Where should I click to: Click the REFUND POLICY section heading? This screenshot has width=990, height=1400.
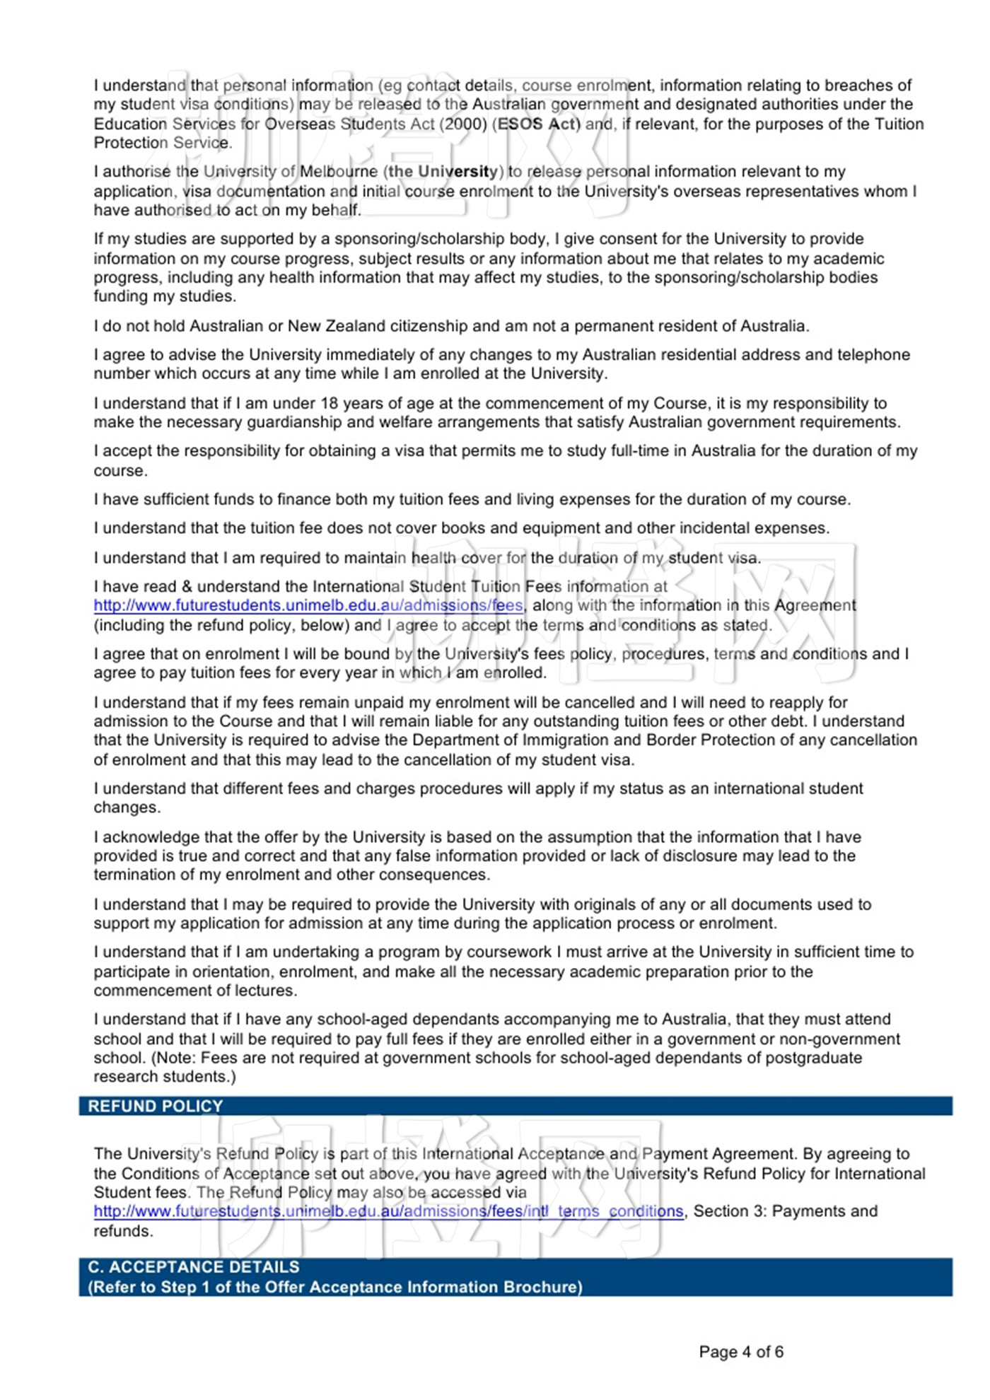coord(155,1106)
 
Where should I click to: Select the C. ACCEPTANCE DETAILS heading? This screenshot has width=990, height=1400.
coord(193,1266)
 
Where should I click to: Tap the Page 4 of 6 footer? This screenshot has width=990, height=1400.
coord(740,1352)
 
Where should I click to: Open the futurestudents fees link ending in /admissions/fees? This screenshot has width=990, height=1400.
coord(308,605)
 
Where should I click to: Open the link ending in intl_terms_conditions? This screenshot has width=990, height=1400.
coord(388,1211)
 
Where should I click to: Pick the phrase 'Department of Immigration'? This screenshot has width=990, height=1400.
coord(513,740)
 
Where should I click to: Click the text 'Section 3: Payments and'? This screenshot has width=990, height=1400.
coord(785,1211)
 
